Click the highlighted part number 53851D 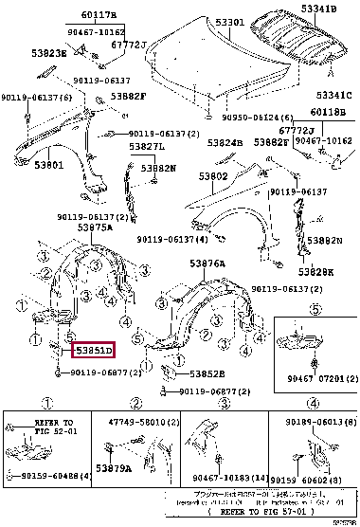(95, 351)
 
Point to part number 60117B (73, 15)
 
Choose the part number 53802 (214, 176)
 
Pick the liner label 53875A (69, 227)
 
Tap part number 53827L (147, 147)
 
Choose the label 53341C (334, 95)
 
